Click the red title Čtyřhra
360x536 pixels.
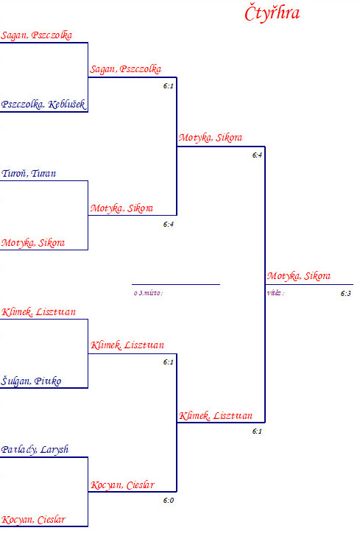point(272,14)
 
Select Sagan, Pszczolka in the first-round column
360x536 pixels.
point(36,35)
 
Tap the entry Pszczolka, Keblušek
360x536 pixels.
point(43,105)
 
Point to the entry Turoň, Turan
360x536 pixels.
point(29,173)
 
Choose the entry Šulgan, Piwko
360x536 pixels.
point(31,381)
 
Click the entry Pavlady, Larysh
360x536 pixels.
point(35,450)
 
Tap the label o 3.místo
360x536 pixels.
point(149,293)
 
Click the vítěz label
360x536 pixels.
point(275,293)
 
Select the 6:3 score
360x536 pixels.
point(345,294)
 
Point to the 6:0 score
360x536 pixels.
point(169,501)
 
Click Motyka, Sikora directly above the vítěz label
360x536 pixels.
point(298,276)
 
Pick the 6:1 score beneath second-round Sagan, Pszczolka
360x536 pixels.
point(168,86)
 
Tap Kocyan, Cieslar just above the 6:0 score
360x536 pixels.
point(122,485)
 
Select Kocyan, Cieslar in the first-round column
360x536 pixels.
point(33,520)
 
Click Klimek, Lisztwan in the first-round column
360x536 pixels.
point(38,312)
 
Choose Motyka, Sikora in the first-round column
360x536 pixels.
point(33,243)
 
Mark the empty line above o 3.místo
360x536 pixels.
point(176,284)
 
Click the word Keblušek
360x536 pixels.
point(66,105)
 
